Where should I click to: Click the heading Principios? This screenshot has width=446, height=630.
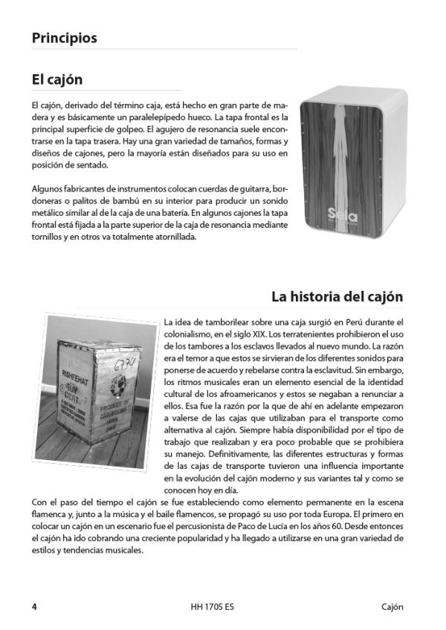pos(65,39)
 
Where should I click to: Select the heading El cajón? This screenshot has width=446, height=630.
pos(57,79)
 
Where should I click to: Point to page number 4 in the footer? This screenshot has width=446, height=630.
pos(34,606)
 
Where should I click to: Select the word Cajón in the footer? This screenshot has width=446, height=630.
pos(388,606)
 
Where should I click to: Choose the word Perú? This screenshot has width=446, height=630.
pos(323,322)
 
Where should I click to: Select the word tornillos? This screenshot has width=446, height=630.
pos(48,238)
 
